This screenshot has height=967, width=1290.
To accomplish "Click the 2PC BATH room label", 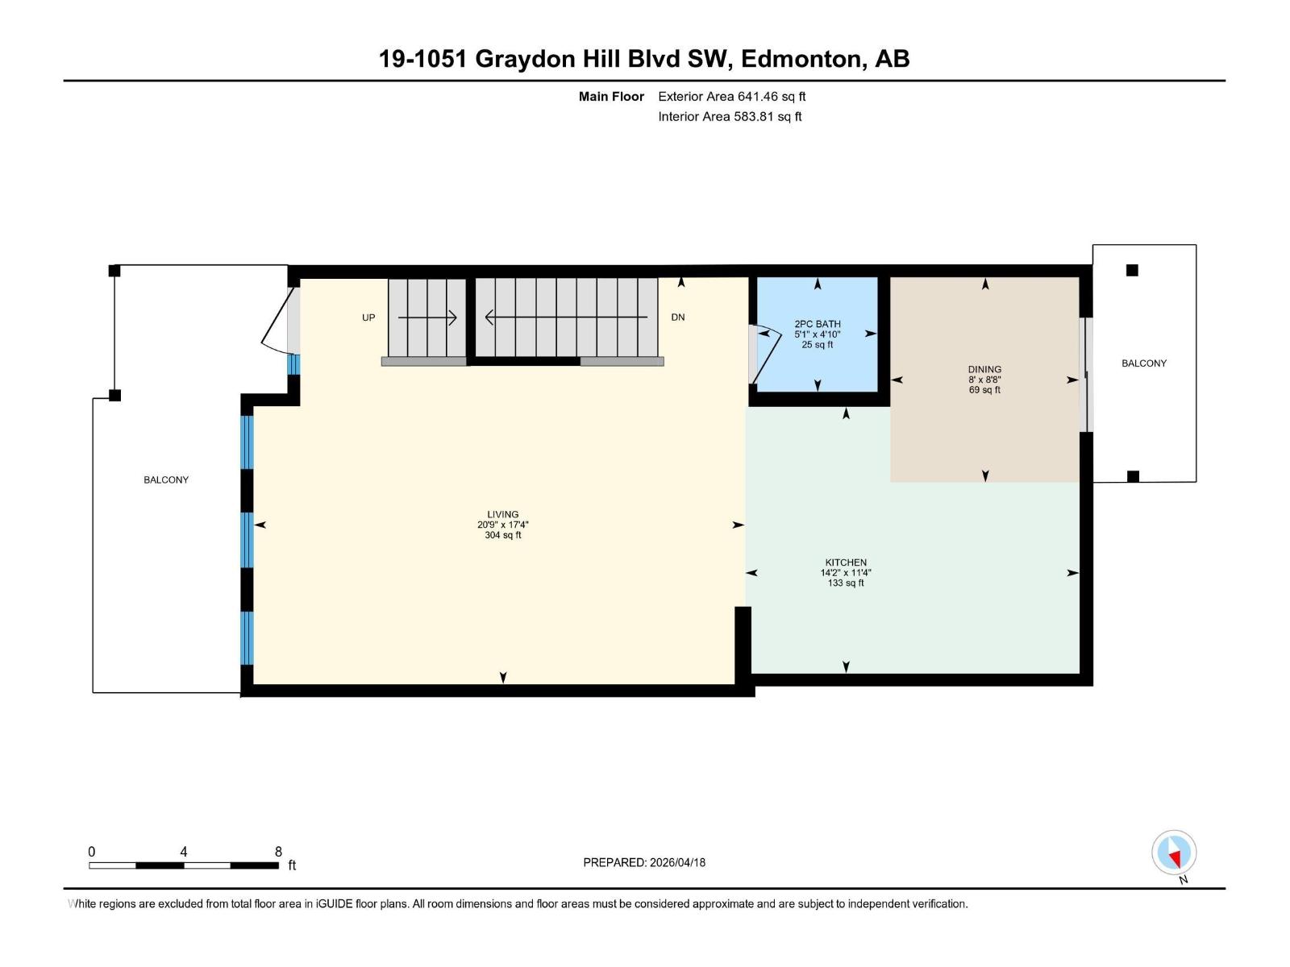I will (x=818, y=324).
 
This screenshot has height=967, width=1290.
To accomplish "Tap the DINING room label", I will (x=984, y=370).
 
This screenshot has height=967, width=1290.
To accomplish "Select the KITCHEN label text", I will (x=846, y=562).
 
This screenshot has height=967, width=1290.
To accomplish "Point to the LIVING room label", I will (x=502, y=514).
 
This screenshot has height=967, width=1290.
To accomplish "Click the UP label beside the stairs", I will (x=368, y=317).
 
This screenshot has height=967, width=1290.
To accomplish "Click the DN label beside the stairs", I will (x=678, y=317).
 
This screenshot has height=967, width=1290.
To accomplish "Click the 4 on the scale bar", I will (x=184, y=852).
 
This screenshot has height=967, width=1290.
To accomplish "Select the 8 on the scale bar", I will (x=278, y=852).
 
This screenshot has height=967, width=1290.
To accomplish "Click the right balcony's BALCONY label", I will (x=1143, y=363).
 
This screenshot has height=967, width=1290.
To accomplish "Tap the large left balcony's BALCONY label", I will (x=166, y=479).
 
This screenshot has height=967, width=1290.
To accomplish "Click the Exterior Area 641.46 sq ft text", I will (x=731, y=97).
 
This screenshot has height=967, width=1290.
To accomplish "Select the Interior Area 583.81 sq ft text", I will (x=730, y=116).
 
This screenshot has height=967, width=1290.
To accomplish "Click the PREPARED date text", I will (x=644, y=862).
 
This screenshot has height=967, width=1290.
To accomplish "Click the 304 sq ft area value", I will (x=502, y=535).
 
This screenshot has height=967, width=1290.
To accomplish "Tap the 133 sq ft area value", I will (x=846, y=583).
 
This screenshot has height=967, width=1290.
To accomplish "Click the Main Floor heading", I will (x=611, y=97).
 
